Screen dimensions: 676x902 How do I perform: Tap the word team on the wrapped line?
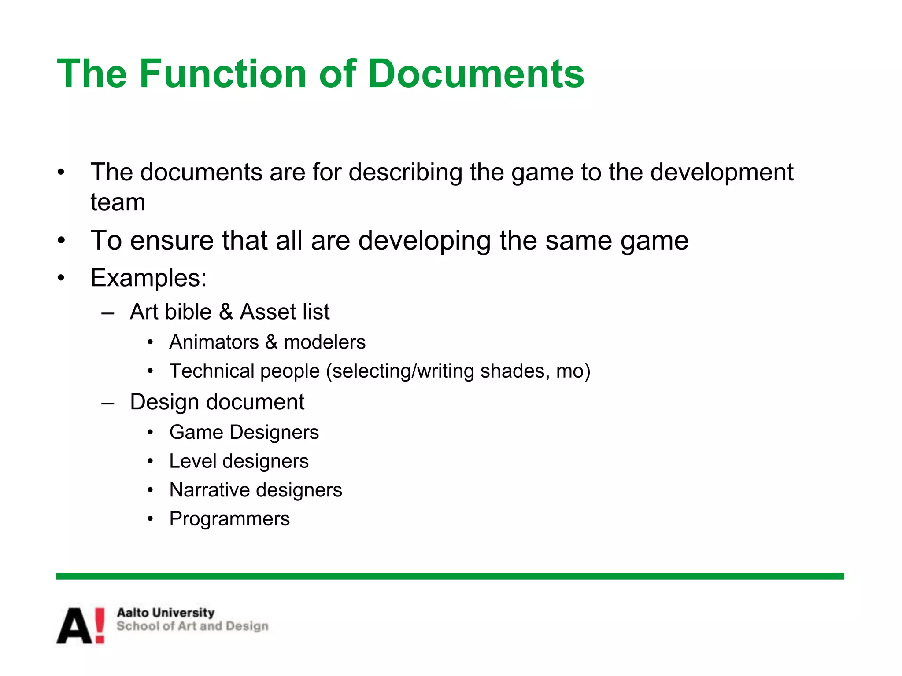point(118,202)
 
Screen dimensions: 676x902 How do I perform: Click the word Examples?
point(148,278)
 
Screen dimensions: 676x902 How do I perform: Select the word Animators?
point(214,342)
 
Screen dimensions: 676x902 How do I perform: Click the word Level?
point(193,461)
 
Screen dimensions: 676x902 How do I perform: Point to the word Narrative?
point(210,490)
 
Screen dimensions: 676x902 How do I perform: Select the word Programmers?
point(229,519)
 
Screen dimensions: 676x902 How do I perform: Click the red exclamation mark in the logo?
point(100,625)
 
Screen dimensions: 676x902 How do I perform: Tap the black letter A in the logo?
point(75,626)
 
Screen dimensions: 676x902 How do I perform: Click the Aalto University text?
point(166,613)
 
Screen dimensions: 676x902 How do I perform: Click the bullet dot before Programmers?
point(151,519)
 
